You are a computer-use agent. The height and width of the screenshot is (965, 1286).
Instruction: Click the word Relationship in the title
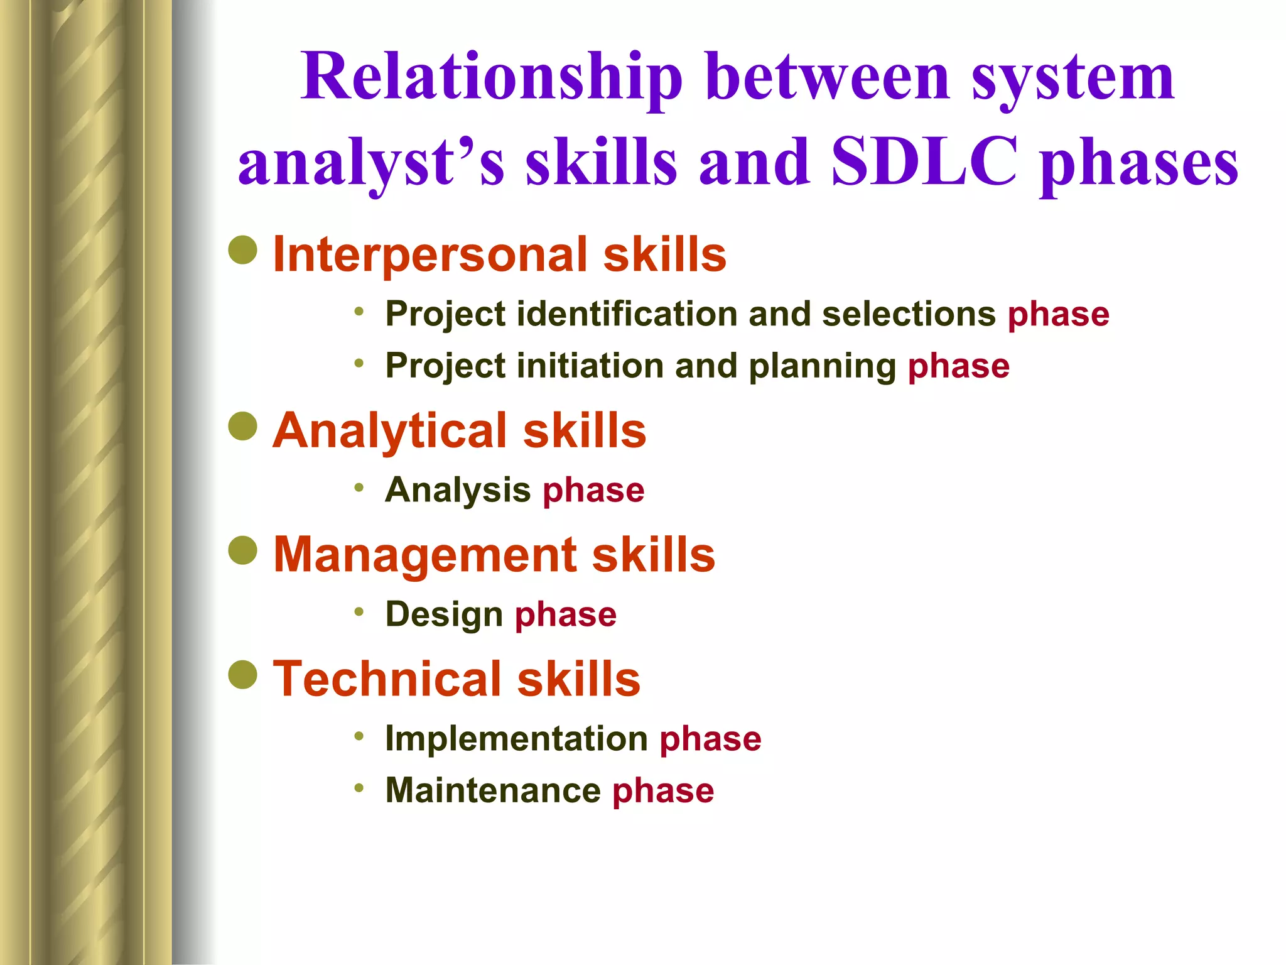(491, 79)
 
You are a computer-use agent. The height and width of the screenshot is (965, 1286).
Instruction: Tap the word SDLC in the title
(924, 163)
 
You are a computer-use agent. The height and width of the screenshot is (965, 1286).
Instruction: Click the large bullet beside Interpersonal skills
(243, 250)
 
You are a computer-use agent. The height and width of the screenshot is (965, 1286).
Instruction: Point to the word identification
(627, 314)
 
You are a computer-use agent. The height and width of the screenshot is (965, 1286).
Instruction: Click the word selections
(909, 314)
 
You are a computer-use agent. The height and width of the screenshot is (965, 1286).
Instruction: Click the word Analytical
(389, 431)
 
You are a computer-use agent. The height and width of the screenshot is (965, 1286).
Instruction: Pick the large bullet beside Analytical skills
(243, 427)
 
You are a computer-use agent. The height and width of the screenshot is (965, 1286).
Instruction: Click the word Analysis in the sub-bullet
(458, 491)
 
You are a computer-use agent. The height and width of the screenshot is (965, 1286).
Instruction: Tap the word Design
(444, 615)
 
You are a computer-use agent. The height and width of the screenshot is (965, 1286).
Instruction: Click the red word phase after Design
(566, 615)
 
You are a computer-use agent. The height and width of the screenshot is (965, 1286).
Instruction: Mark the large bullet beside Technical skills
(243, 675)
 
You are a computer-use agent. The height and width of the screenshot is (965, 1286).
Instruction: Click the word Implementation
(516, 739)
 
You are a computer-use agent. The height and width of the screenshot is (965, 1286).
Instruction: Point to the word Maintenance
(493, 791)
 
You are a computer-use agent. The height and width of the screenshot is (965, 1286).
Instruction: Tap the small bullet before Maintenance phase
(359, 788)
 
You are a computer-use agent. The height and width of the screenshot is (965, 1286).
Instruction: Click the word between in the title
(828, 79)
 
